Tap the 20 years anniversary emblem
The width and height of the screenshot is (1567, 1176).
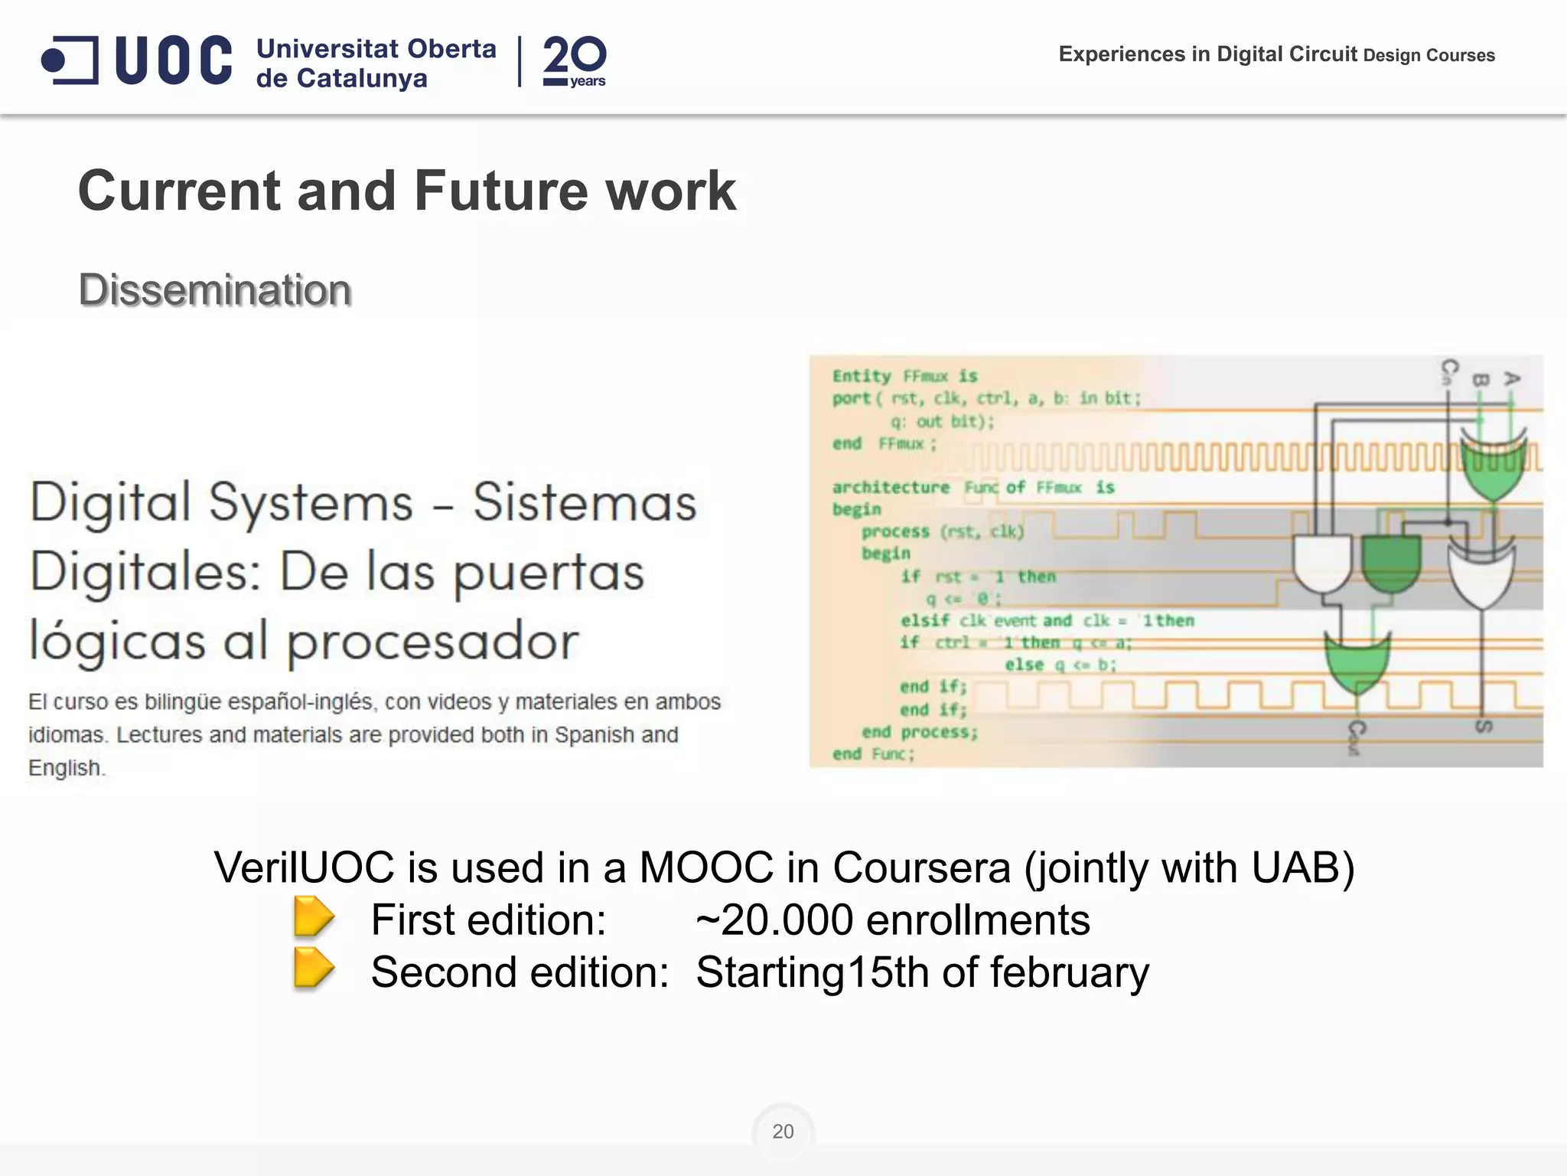(574, 61)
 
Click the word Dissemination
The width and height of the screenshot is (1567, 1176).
(215, 290)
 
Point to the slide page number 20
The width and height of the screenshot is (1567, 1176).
(783, 1132)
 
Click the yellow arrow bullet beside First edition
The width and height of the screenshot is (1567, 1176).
(313, 916)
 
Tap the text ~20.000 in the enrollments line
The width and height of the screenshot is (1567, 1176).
(774, 920)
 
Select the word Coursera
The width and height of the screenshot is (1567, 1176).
(921, 868)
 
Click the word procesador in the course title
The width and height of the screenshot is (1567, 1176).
(433, 642)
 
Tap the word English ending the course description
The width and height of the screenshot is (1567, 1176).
(65, 768)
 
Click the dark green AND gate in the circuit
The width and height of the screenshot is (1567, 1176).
(1391, 563)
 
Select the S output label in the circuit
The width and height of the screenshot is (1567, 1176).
(1484, 726)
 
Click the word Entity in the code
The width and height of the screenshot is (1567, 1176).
(862, 376)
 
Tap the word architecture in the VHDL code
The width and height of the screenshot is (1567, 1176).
(891, 488)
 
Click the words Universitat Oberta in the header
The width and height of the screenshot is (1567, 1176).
(376, 49)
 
